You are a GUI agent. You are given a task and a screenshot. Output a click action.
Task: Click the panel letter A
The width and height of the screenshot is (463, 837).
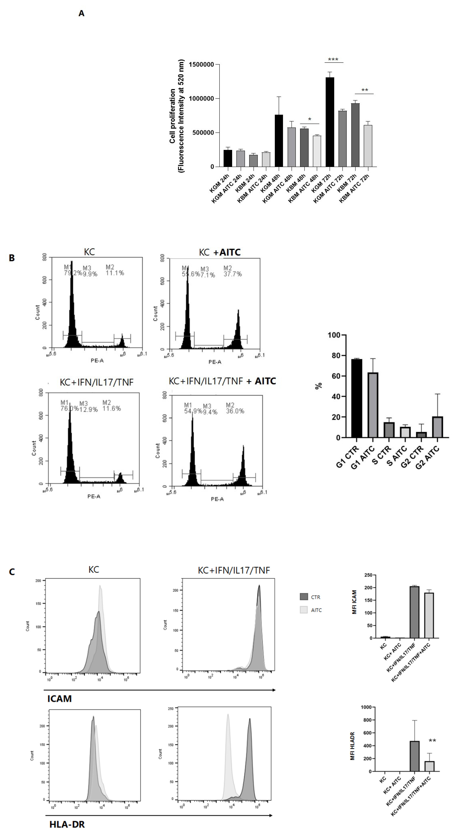(x=82, y=13)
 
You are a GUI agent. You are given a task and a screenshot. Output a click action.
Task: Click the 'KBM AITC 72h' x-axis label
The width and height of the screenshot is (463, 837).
(x=355, y=189)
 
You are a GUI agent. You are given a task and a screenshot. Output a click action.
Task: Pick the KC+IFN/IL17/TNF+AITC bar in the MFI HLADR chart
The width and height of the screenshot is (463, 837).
(x=429, y=766)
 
